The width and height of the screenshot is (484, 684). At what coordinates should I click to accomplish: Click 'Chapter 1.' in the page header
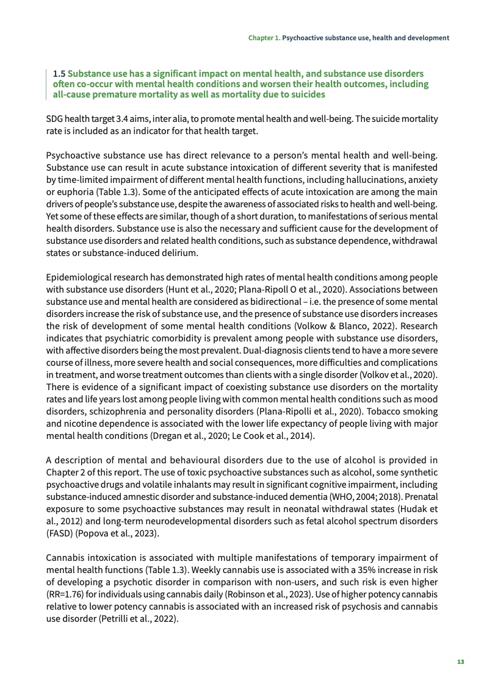pyautogui.click(x=264, y=38)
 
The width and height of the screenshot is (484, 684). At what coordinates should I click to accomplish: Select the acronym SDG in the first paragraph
pyautogui.click(x=55, y=118)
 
